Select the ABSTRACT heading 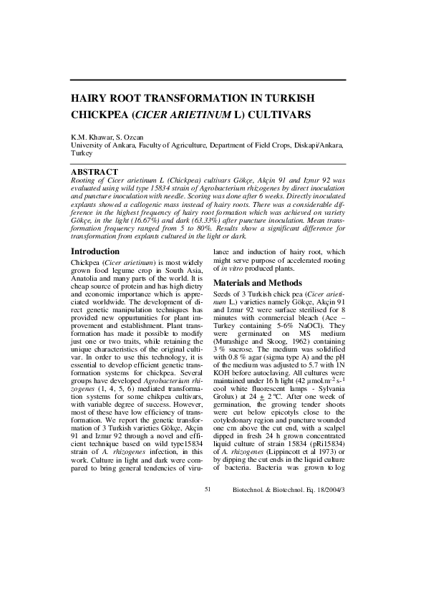click(x=94, y=172)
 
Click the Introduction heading click(x=95, y=271)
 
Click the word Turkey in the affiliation click(x=81, y=153)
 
